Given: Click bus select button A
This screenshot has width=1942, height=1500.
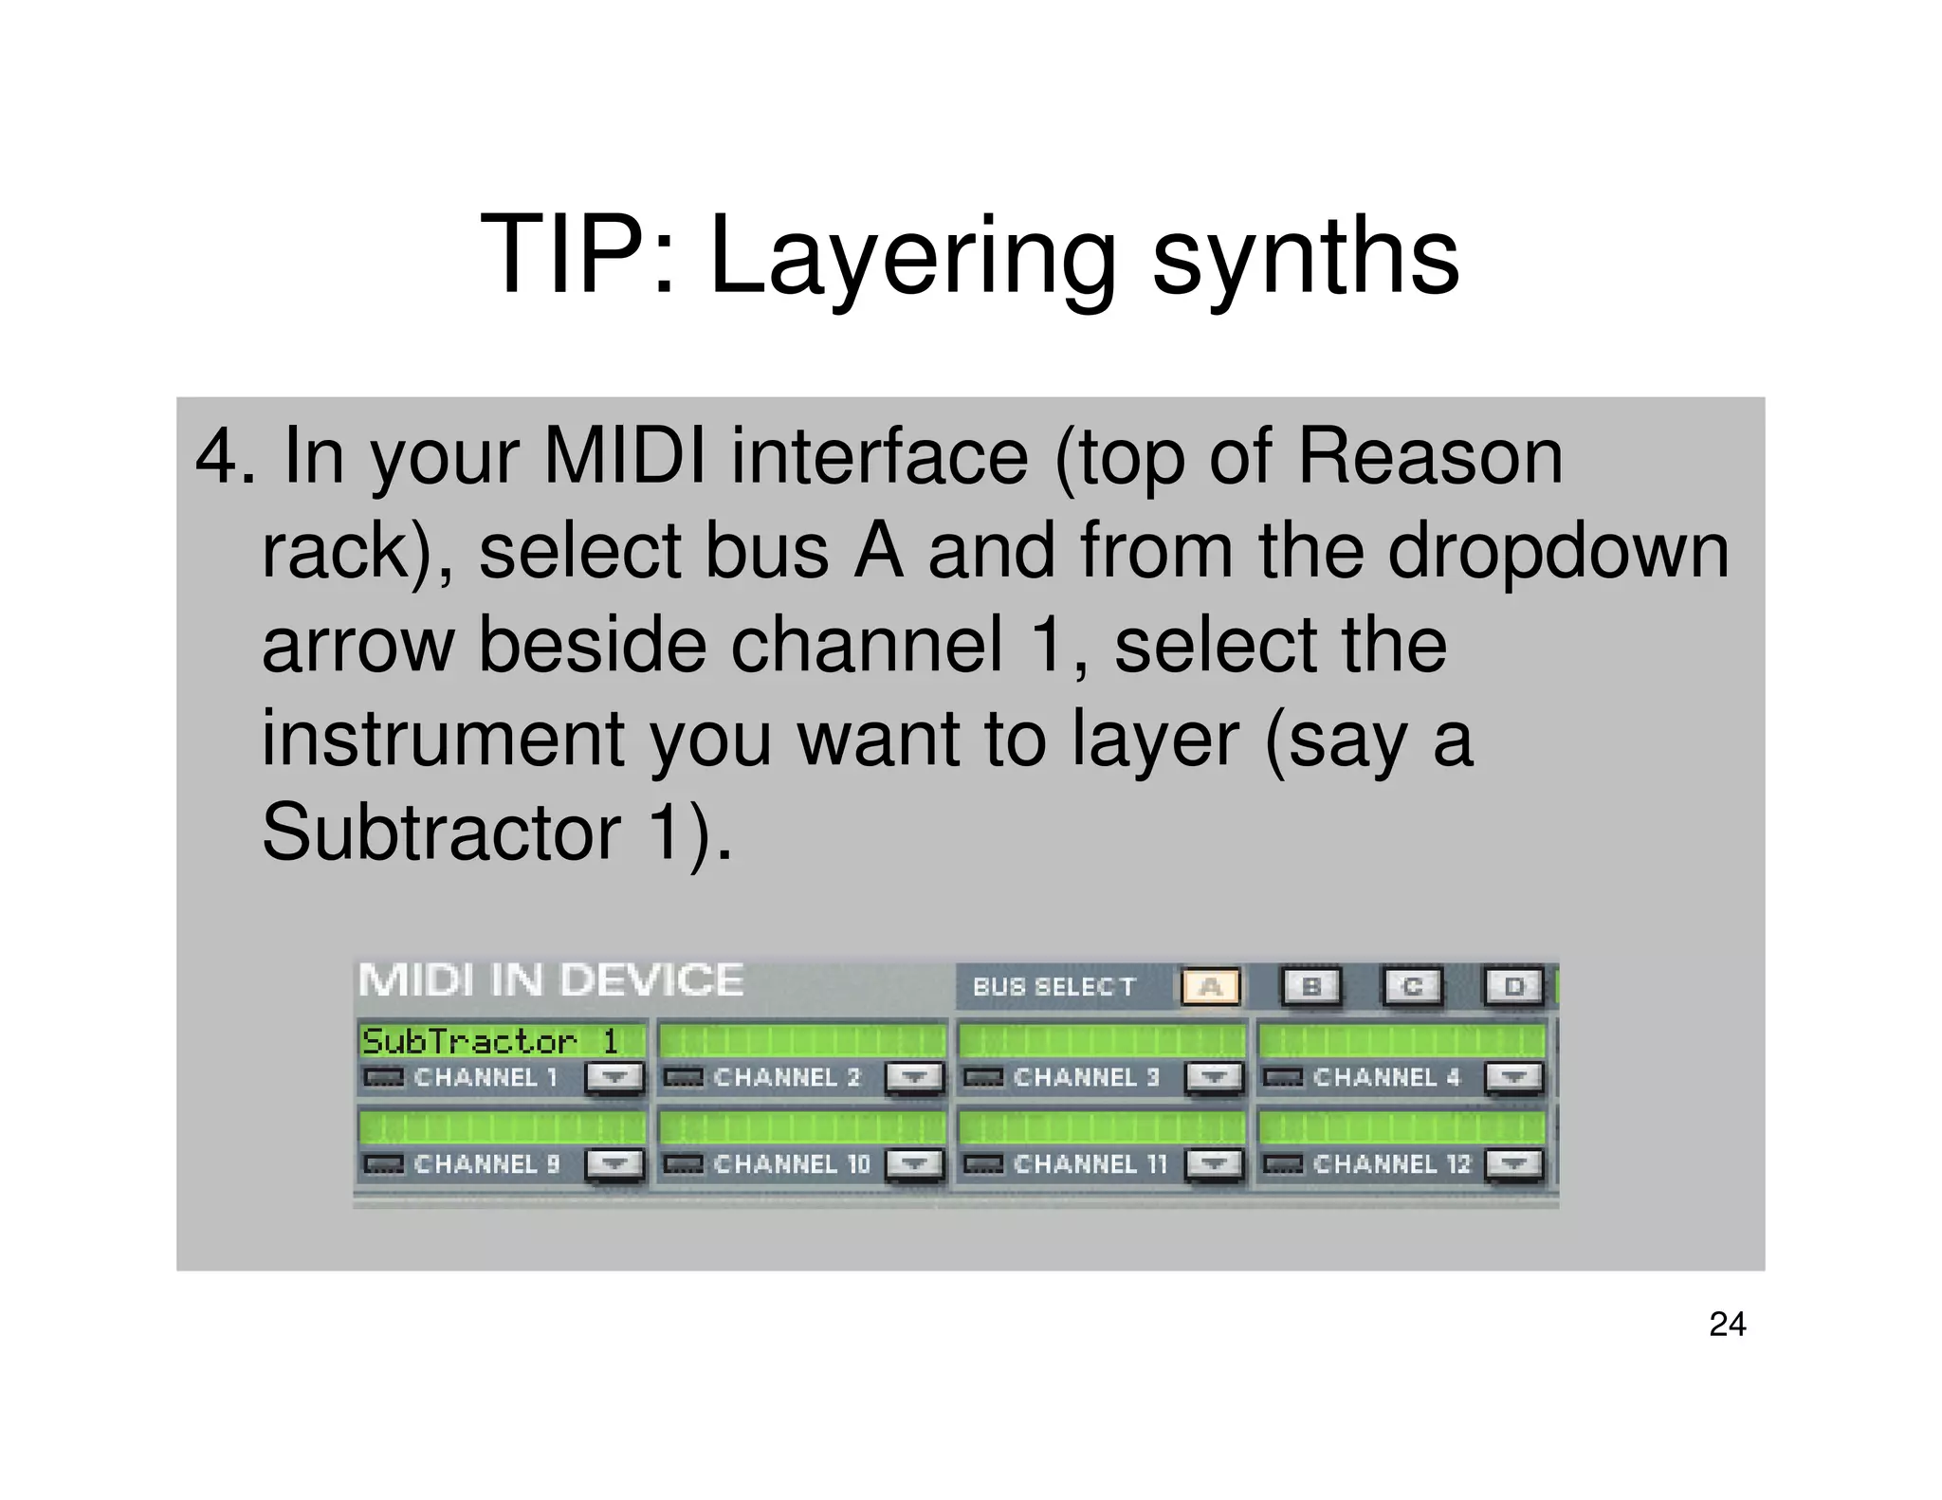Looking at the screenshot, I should tap(1210, 986).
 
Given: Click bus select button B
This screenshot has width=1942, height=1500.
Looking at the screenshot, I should tap(1311, 986).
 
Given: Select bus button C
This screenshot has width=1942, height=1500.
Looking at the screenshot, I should tap(1412, 986).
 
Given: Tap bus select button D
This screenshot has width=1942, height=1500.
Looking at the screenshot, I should tap(1512, 986).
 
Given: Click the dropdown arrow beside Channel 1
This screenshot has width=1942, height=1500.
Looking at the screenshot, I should tap(614, 1077).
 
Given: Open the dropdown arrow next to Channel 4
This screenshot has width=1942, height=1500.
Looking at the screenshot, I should tap(1513, 1077).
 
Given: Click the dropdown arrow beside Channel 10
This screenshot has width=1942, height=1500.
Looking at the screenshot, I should tap(914, 1163).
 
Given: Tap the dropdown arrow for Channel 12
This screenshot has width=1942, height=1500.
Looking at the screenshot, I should tap(1513, 1163).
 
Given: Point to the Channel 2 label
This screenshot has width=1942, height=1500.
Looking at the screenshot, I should tap(786, 1077).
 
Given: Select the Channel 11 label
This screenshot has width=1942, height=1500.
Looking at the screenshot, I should tap(1090, 1163).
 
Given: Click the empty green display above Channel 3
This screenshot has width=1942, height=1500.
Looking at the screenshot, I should tap(1101, 1040).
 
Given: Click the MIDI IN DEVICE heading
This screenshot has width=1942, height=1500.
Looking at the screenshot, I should tap(550, 980).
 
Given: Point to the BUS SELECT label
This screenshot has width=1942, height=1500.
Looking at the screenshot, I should tap(1053, 987).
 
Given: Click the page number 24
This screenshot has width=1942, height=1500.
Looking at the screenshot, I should tap(1727, 1324).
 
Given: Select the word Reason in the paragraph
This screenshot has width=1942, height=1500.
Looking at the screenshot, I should tap(1429, 457).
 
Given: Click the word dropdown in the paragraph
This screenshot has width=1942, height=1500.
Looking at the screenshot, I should tap(1558, 551).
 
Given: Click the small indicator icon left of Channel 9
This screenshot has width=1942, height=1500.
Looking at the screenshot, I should tap(384, 1163).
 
